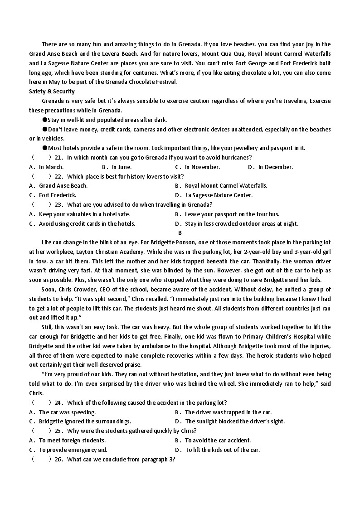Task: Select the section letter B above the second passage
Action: pos(180,233)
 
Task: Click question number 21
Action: pos(58,157)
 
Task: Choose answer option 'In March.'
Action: pos(51,167)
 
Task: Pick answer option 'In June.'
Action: pos(122,167)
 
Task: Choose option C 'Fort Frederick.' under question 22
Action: pos(57,195)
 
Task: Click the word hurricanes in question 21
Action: pos(235,157)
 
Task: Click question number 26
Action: pos(58,459)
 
